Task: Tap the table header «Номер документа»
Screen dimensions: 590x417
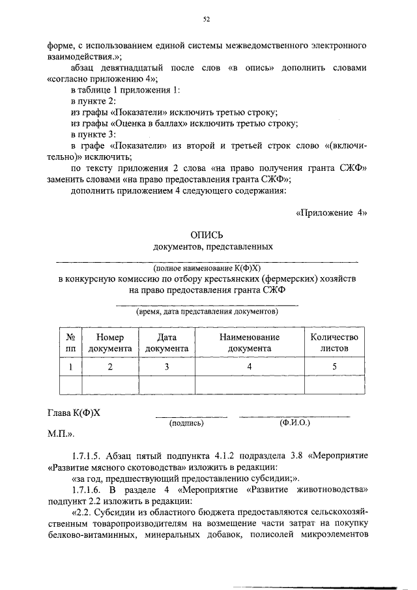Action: (x=110, y=343)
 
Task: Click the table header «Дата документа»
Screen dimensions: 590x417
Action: (x=167, y=343)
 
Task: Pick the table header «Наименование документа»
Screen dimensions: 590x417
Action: (x=249, y=343)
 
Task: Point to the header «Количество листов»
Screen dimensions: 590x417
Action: (x=334, y=343)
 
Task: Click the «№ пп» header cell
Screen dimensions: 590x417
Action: (x=70, y=343)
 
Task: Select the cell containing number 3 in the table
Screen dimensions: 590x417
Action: (x=167, y=367)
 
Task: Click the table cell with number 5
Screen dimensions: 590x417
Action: (x=334, y=367)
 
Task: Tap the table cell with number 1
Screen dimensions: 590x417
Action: (x=70, y=367)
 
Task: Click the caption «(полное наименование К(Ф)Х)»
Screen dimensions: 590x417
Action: (x=207, y=268)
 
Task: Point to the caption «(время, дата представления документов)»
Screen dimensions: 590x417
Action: (x=207, y=312)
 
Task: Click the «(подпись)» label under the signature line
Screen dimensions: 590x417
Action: (x=187, y=423)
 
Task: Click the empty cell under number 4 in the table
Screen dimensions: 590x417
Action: (x=249, y=385)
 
